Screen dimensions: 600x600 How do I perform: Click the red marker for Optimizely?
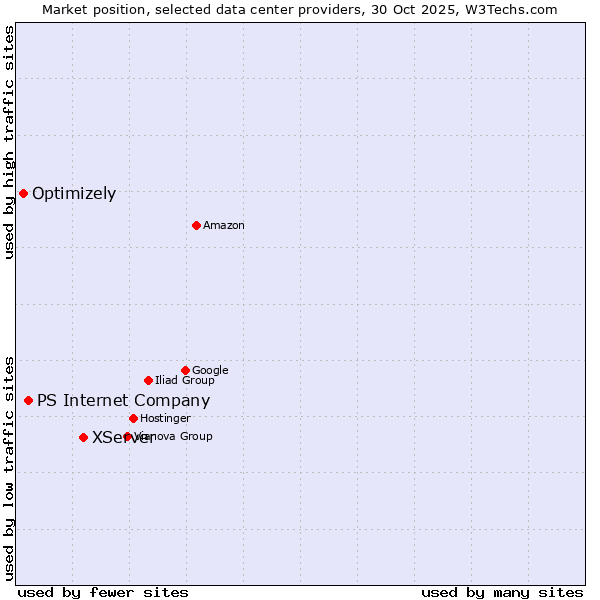[x=23, y=193]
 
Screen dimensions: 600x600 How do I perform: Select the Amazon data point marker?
[x=196, y=225]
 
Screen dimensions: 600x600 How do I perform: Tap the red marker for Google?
[x=185, y=370]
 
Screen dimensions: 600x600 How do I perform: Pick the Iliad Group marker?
[x=148, y=380]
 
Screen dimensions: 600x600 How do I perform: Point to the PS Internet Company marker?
[x=28, y=400]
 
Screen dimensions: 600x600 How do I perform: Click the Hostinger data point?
[x=133, y=418]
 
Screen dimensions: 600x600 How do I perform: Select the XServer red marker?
[x=83, y=437]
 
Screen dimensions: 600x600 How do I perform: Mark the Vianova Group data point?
[x=127, y=436]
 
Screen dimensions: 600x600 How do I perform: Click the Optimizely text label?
[x=74, y=194]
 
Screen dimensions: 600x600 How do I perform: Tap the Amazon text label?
[x=224, y=226]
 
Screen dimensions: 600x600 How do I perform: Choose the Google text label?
[x=210, y=371]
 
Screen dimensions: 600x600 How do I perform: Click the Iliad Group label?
[x=185, y=381]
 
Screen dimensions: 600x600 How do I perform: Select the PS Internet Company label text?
[x=124, y=401]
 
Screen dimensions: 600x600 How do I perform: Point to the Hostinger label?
[x=165, y=419]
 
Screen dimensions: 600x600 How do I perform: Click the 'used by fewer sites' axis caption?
[x=103, y=593]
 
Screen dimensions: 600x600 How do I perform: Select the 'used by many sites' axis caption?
[x=502, y=593]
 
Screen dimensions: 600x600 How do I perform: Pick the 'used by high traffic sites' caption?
[x=9, y=142]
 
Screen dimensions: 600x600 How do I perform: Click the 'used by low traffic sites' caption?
[x=9, y=467]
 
